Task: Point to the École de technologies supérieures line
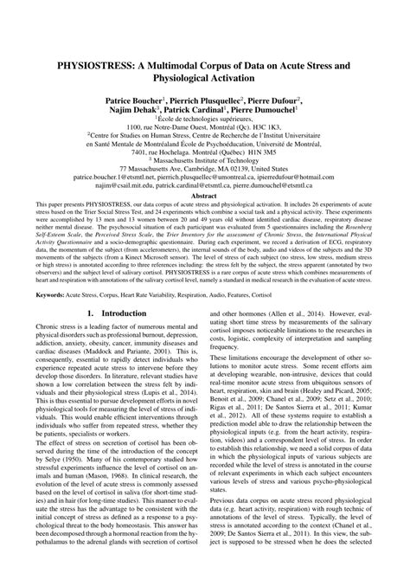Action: click(205, 122)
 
